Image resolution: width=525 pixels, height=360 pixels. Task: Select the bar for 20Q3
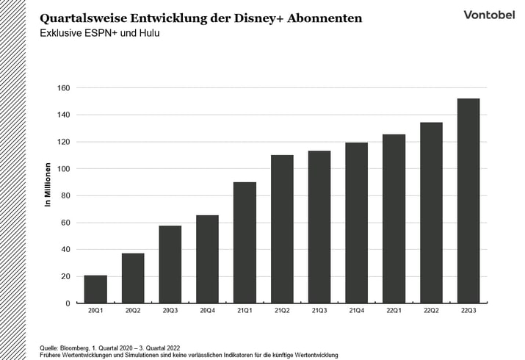(170, 264)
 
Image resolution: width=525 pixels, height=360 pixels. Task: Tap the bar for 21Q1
(245, 242)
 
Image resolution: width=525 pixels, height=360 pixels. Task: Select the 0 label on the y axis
(67, 303)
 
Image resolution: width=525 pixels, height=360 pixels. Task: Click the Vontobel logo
(488, 15)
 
